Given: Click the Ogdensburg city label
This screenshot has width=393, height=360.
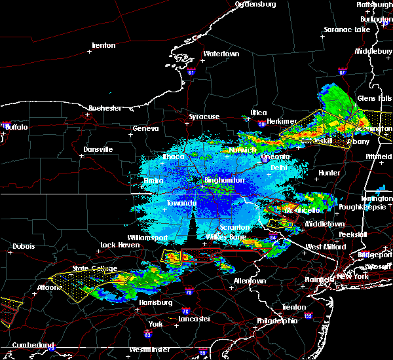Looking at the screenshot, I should [x=255, y=4].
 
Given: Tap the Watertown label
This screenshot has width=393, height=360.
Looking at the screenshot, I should [x=221, y=54].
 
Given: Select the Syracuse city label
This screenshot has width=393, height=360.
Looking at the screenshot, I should [x=204, y=117].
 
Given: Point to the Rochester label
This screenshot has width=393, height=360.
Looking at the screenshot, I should [x=105, y=107].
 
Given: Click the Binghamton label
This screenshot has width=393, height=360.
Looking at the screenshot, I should [x=224, y=180].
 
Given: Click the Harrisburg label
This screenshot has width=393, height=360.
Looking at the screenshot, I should [x=157, y=302].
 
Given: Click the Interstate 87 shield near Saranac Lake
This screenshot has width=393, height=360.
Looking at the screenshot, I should [x=342, y=71].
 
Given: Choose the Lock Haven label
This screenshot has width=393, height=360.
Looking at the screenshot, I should [x=118, y=245].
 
